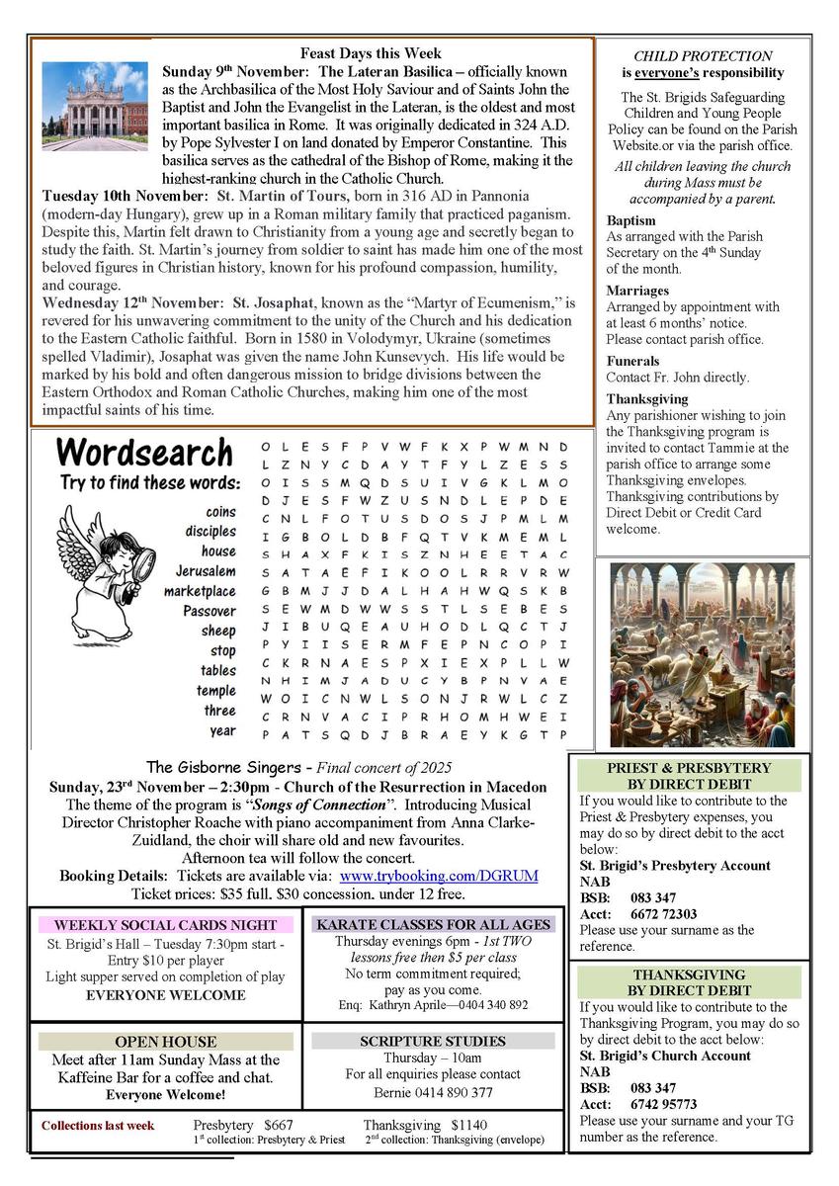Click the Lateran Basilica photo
click(x=95, y=106)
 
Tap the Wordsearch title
click(x=145, y=453)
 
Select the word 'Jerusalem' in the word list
click(x=206, y=571)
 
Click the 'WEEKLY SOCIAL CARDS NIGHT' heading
click(x=165, y=925)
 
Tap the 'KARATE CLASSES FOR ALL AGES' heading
click(x=432, y=925)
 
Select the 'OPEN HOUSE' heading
click(x=165, y=1042)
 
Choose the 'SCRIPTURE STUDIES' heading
click(x=432, y=1042)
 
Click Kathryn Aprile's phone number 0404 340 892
click(x=487, y=1005)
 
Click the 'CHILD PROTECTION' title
click(x=703, y=56)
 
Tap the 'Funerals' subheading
click(x=632, y=361)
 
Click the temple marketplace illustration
click(x=702, y=654)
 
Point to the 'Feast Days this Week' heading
click(x=371, y=53)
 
